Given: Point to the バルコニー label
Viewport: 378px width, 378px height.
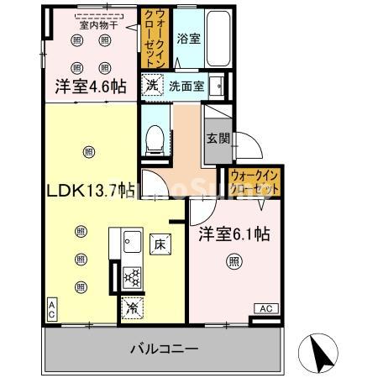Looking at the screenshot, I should pyautogui.click(x=164, y=348).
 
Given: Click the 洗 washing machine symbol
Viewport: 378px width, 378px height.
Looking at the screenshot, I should pyautogui.click(x=151, y=85).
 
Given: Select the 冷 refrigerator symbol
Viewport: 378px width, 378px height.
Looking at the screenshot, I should pyautogui.click(x=131, y=307).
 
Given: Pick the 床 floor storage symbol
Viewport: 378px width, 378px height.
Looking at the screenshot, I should pyautogui.click(x=160, y=244).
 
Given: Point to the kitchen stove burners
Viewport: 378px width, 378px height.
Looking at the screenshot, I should pyautogui.click(x=131, y=276).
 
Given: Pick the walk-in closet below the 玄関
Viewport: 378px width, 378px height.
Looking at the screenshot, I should pyautogui.click(x=254, y=181).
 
